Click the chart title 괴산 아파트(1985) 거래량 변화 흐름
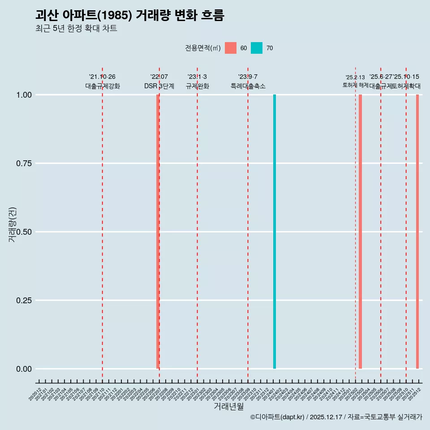[129, 15]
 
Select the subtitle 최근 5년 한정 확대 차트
[76, 29]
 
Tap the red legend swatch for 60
[231, 48]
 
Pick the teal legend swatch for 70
[257, 48]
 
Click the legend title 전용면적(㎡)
[202, 48]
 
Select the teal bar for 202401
[275, 232]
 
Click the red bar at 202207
[158, 232]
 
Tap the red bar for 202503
[360, 232]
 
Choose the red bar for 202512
[417, 232]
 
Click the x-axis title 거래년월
[229, 407]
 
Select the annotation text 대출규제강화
[103, 86]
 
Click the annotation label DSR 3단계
[159, 86]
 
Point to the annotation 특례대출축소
[248, 86]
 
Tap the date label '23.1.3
[197, 77]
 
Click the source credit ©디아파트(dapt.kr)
[277, 417]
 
